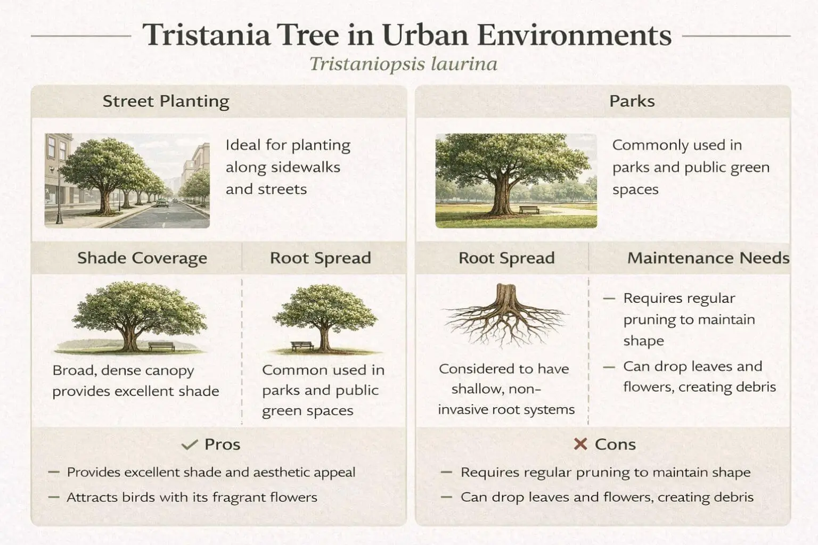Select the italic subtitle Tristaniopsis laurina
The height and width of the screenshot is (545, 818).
[403, 64]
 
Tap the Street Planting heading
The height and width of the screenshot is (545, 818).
[166, 101]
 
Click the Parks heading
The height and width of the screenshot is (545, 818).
[632, 101]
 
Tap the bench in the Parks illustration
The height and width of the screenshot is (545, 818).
[529, 210]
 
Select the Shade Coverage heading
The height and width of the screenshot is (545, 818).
[142, 258]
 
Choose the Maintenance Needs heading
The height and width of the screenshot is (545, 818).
[708, 258]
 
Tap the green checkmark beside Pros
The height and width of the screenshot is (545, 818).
[189, 445]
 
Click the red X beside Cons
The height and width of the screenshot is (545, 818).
[580, 444]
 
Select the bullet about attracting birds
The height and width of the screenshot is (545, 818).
[191, 498]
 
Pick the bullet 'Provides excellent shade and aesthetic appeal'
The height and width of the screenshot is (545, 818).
[210, 473]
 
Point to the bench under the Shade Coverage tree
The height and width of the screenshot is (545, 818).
[161, 346]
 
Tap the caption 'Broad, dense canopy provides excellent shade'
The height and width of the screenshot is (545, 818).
[136, 381]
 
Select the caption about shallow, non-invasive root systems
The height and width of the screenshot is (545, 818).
[505, 389]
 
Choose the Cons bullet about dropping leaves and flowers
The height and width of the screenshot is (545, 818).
[607, 498]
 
